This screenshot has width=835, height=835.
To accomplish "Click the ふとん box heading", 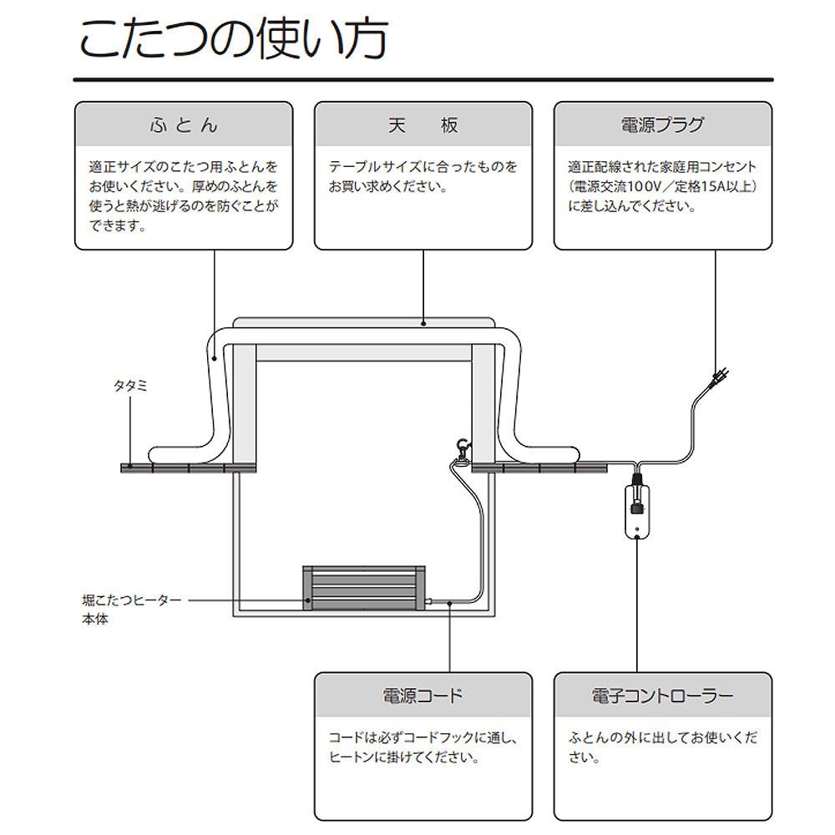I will coord(184,125).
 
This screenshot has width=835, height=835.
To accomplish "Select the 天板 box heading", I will coord(423,125).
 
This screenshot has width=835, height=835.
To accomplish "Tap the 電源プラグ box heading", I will coord(662,125).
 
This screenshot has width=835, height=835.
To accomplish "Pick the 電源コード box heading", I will coord(423,696).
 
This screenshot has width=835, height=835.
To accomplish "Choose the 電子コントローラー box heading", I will coord(662,696).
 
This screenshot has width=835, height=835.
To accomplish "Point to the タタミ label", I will coord(130,387).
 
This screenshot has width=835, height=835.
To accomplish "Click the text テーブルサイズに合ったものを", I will coord(423,167).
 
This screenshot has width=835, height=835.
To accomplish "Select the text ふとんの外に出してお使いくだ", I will coord(663,739).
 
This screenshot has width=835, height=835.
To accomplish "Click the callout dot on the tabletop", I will coord(424,323).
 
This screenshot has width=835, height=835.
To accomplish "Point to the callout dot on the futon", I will coord(215,358).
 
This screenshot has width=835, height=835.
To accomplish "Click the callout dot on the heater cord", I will coord(450,601).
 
